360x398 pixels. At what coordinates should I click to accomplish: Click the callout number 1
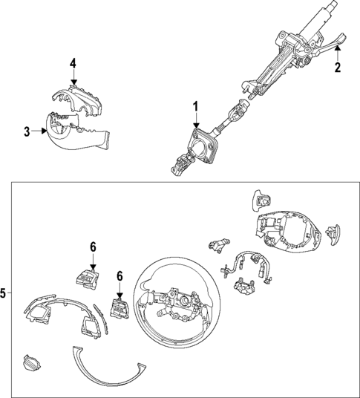[x=196, y=108]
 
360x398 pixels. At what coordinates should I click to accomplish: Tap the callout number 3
[x=26, y=131]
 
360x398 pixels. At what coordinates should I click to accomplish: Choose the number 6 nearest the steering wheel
[x=120, y=275]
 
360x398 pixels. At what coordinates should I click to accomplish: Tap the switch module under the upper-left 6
[x=85, y=276]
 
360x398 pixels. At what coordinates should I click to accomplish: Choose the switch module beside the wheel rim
[x=120, y=307]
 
